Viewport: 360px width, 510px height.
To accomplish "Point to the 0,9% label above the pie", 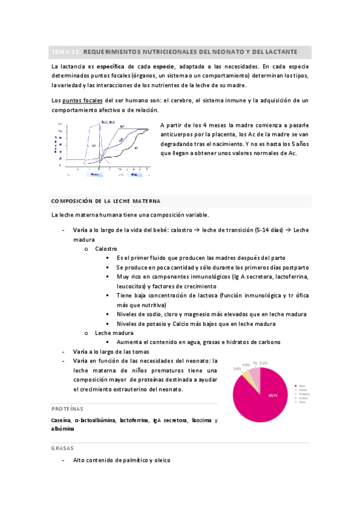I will pos(246,365).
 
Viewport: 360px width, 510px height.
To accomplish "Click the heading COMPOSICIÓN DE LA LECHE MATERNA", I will pos(105,201).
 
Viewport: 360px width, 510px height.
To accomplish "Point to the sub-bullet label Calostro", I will pos(106,248).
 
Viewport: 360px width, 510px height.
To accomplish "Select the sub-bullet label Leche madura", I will pos(114,333).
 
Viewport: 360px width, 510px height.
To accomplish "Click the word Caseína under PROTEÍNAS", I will pos(62,420).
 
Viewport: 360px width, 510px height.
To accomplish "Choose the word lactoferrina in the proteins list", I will pos(135,420).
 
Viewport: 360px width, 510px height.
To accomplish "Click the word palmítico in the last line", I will pos(138,460).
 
